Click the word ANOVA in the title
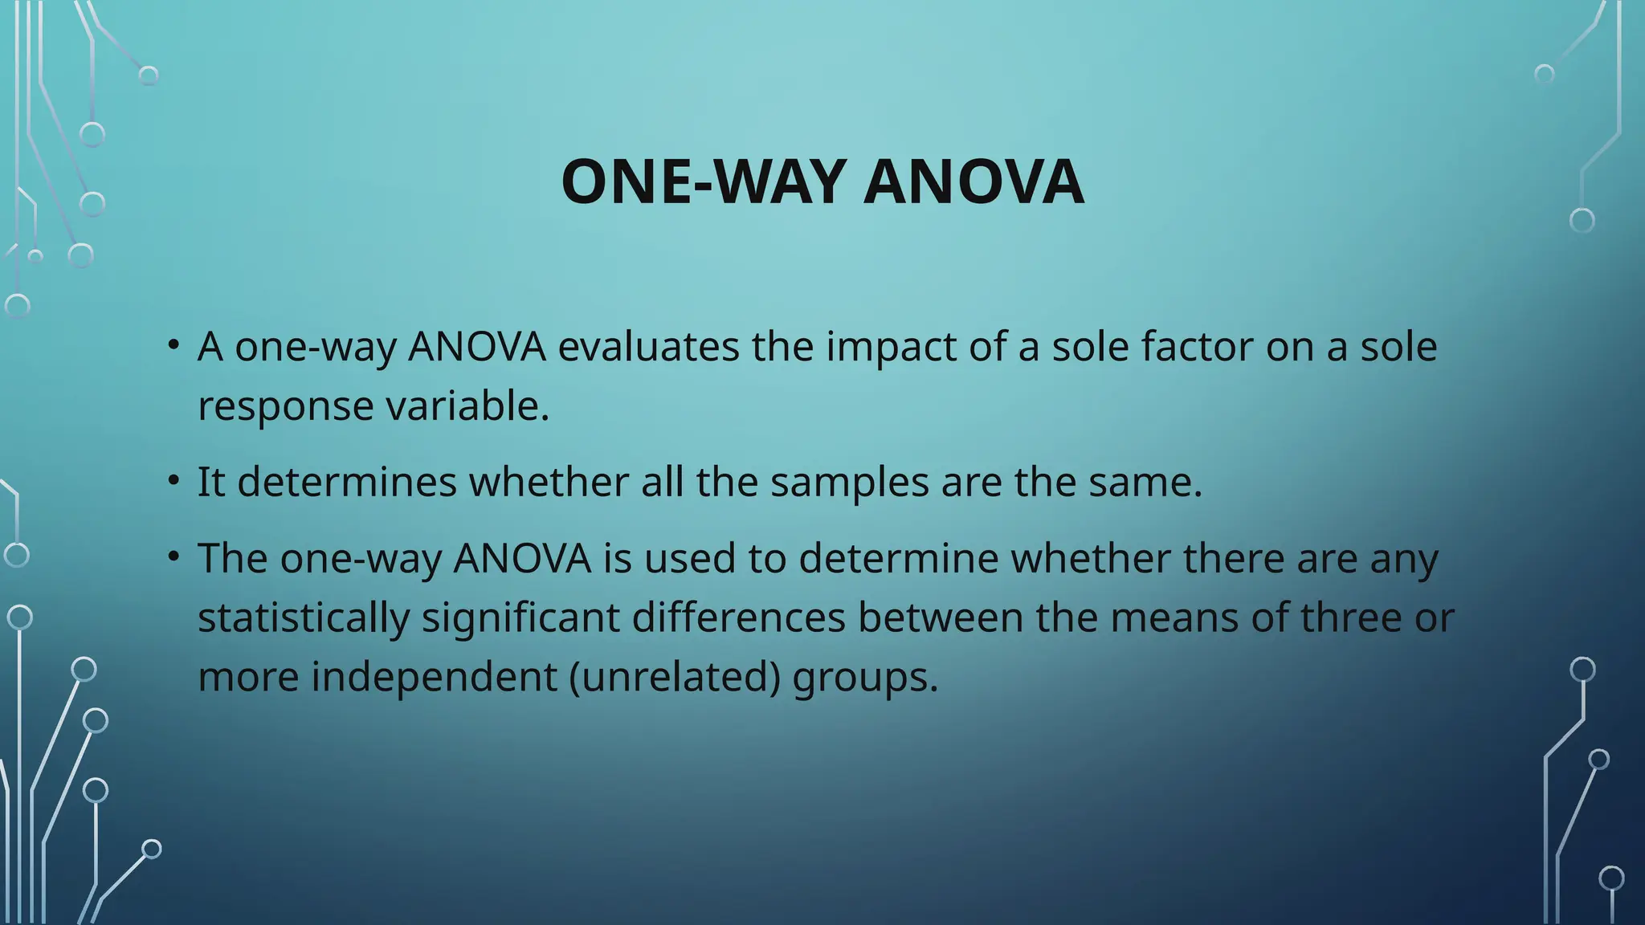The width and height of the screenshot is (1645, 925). click(x=974, y=182)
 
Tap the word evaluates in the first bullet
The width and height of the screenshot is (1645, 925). click(x=648, y=347)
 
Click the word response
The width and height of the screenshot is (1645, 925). click(x=286, y=406)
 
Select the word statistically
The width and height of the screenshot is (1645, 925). click(x=304, y=617)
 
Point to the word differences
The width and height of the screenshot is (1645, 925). click(x=739, y=617)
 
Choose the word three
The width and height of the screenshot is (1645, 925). click(x=1351, y=617)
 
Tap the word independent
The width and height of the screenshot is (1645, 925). click(x=434, y=677)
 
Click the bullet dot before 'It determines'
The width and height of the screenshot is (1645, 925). click(x=173, y=481)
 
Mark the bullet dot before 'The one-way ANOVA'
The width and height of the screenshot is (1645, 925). click(x=173, y=556)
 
